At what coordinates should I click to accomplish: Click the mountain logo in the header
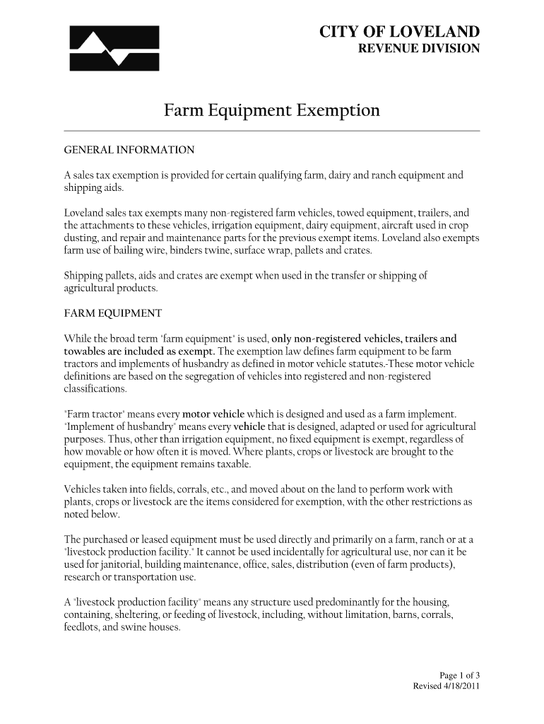114,48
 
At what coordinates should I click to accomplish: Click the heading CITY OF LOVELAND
400,32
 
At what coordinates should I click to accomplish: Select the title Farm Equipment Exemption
272,110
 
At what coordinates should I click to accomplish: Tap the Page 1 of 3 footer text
460,675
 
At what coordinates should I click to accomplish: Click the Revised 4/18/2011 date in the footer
447,687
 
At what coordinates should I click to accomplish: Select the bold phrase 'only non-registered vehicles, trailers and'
365,338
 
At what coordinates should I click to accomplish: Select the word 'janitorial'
112,564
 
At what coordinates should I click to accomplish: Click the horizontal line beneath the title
272,132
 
